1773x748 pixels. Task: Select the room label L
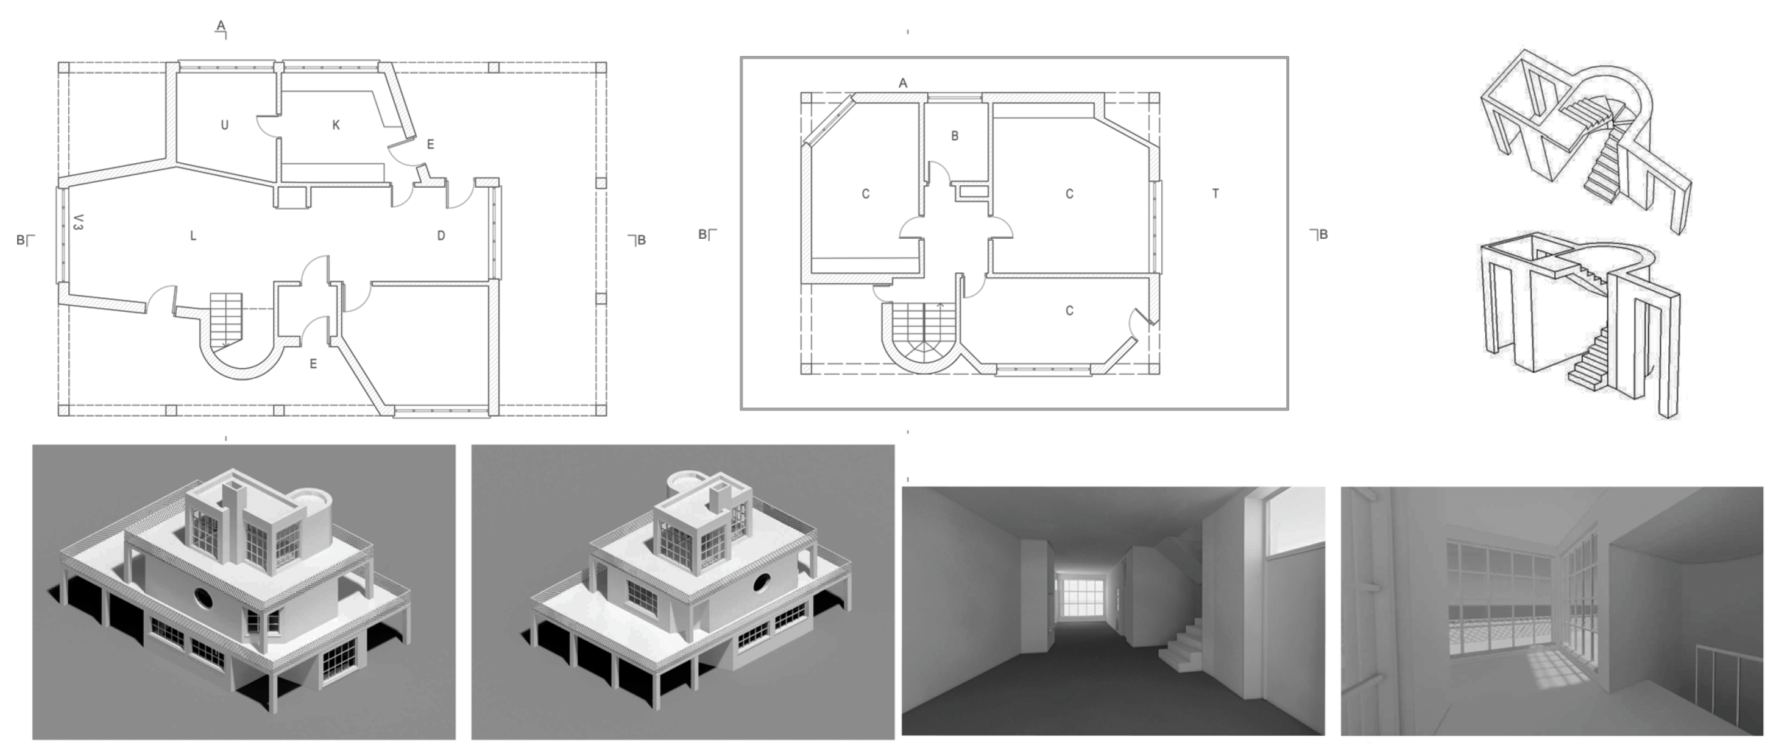point(193,236)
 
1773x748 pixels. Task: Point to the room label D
point(441,236)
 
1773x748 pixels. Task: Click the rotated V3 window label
point(79,222)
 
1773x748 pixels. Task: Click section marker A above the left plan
point(221,26)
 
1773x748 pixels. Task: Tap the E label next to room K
point(431,144)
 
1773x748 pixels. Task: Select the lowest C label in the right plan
point(1069,311)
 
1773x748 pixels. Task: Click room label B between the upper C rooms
point(955,136)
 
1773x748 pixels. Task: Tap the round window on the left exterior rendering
point(203,598)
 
